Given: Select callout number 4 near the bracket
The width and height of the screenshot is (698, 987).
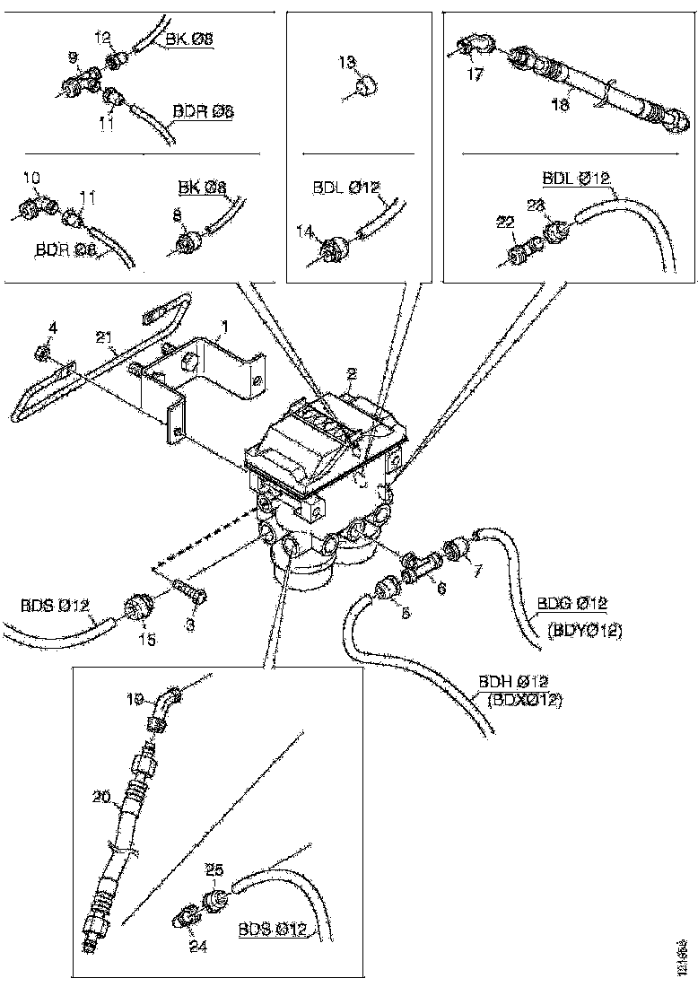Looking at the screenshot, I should point(52,329).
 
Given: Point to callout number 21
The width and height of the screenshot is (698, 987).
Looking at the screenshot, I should point(105,336).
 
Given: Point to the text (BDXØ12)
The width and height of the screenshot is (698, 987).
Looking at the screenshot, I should point(525,700).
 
